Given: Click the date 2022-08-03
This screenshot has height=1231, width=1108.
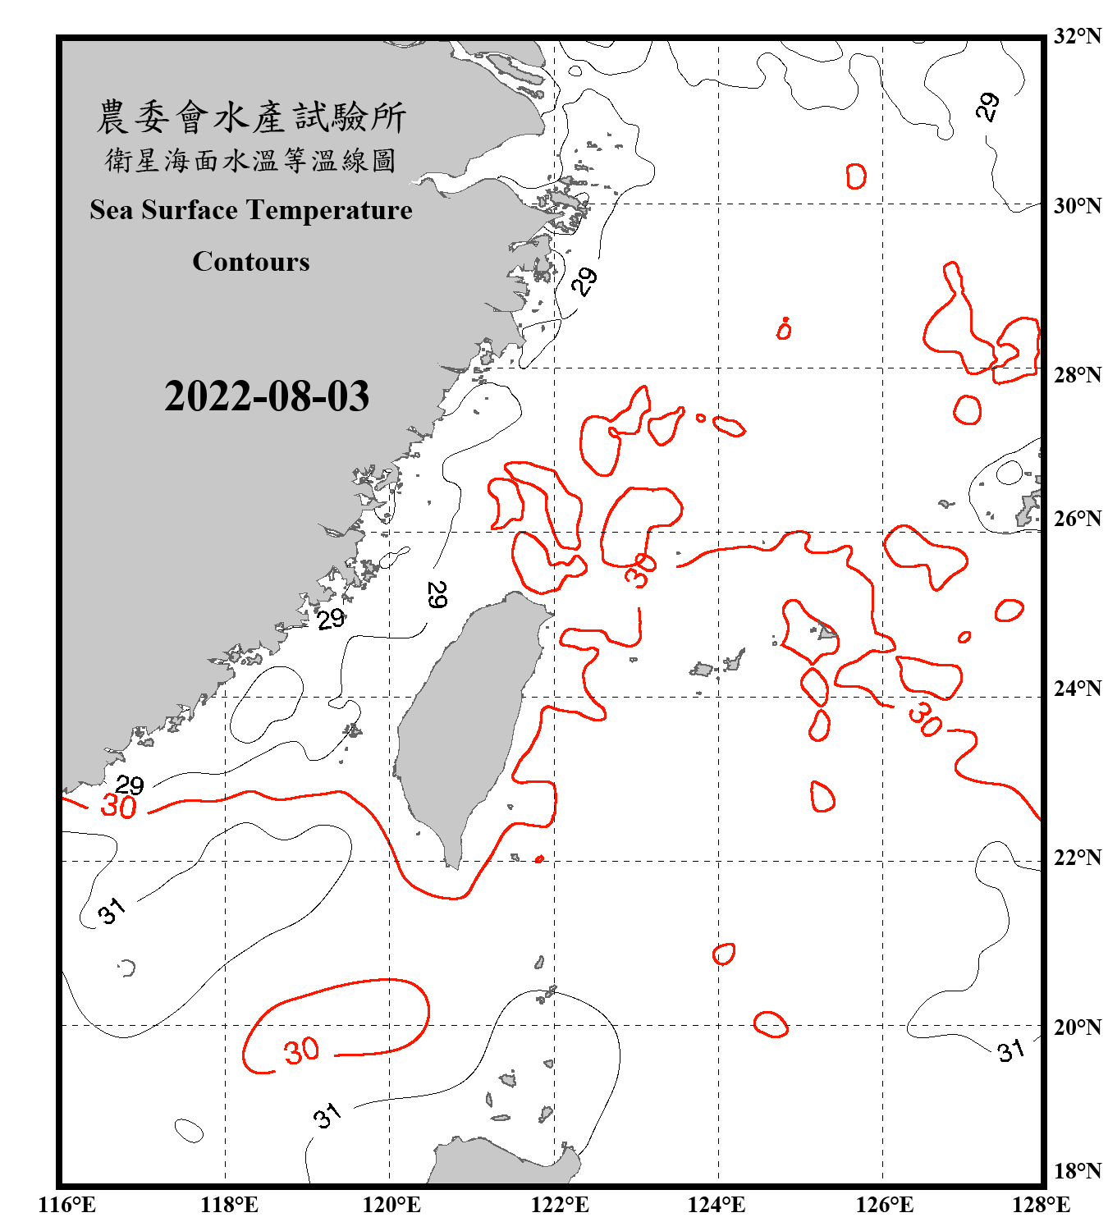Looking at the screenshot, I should (x=267, y=396).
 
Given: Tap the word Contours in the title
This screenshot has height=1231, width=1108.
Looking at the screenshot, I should (x=251, y=262).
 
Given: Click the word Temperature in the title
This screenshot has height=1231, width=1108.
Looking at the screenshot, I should (x=328, y=210).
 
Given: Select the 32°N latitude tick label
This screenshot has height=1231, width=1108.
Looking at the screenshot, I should (x=1077, y=36).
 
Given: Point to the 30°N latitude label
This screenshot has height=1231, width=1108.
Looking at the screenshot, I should (x=1077, y=206).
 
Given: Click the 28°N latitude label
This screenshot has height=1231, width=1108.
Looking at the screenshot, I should (x=1077, y=375).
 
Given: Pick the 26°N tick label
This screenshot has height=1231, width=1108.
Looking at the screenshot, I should (x=1077, y=519).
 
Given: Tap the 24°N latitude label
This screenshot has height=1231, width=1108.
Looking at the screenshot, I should (x=1077, y=689).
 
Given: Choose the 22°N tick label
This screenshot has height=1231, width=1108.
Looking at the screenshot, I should (x=1077, y=858).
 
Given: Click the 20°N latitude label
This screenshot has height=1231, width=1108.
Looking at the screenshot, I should (x=1077, y=1027).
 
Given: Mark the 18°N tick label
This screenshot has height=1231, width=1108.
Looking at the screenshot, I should (x=1077, y=1171).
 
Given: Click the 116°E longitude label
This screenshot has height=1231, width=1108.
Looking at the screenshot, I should (x=67, y=1205).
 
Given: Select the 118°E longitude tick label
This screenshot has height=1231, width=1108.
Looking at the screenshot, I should (x=229, y=1205).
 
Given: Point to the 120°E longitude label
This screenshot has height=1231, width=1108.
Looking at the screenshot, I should (x=391, y=1205).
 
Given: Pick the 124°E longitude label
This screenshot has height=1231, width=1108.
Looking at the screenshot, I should (x=717, y=1205).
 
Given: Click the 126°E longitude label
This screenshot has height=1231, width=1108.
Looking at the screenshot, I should (x=884, y=1205).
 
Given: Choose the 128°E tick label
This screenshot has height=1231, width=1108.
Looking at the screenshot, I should (x=1041, y=1205).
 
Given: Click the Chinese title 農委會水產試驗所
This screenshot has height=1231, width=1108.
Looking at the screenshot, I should (x=251, y=117).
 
